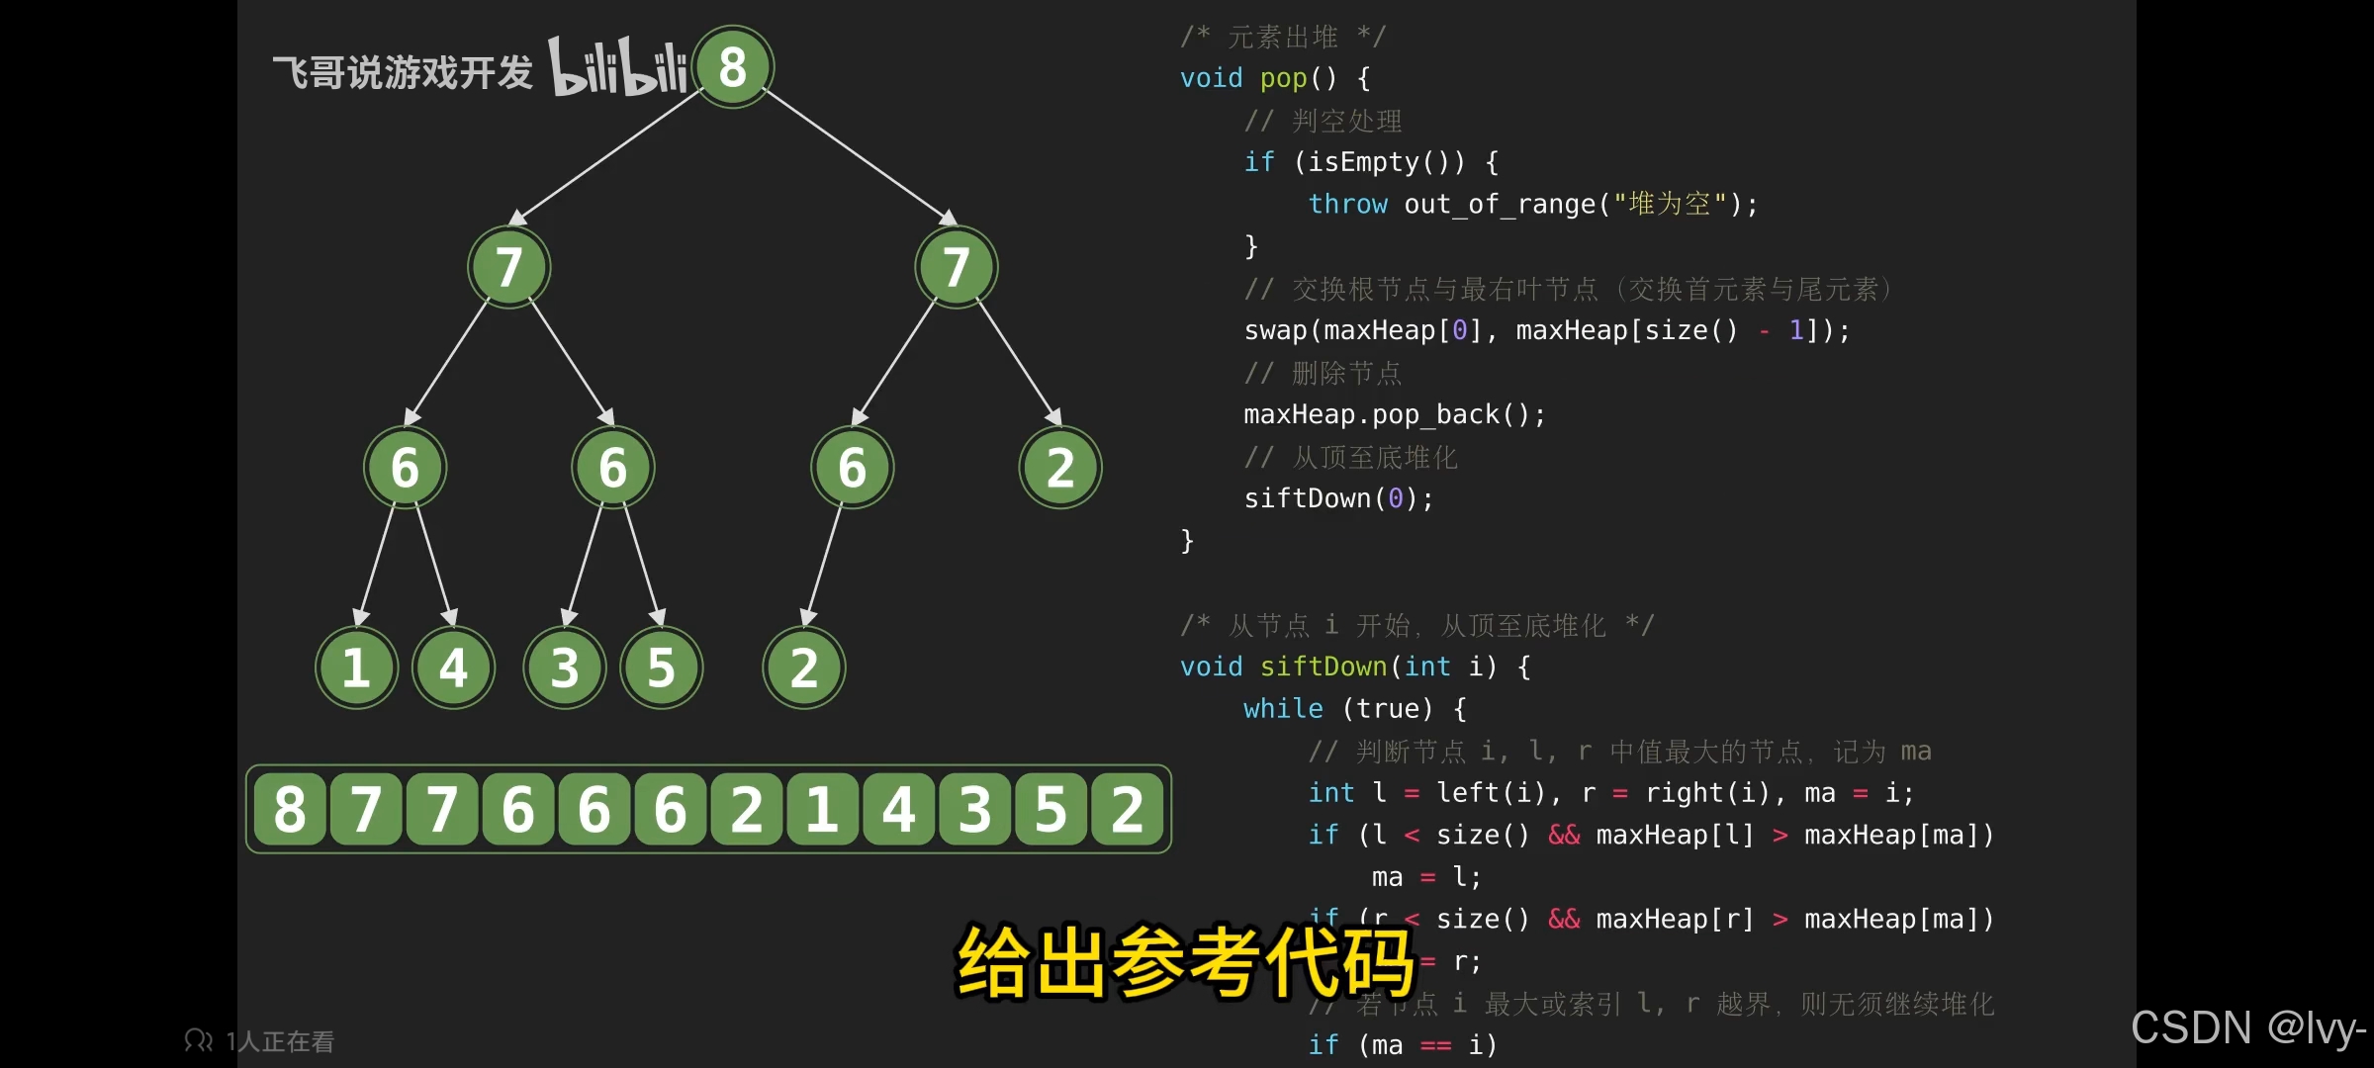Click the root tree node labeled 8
tap(733, 67)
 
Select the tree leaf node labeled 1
tap(356, 667)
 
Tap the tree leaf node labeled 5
tap(661, 667)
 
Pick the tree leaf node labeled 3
tap(564, 667)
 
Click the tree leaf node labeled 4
tap(453, 667)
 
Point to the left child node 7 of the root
tap(508, 267)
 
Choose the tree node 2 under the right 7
tap(1060, 468)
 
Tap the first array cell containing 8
tap(290, 809)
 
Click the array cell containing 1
tap(822, 809)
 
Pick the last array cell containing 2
tap(1127, 809)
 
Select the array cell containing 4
tap(898, 809)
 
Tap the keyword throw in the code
tap(1347, 204)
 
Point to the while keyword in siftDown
tap(1283, 709)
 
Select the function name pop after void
tap(1283, 78)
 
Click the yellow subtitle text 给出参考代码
tap(1185, 961)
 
